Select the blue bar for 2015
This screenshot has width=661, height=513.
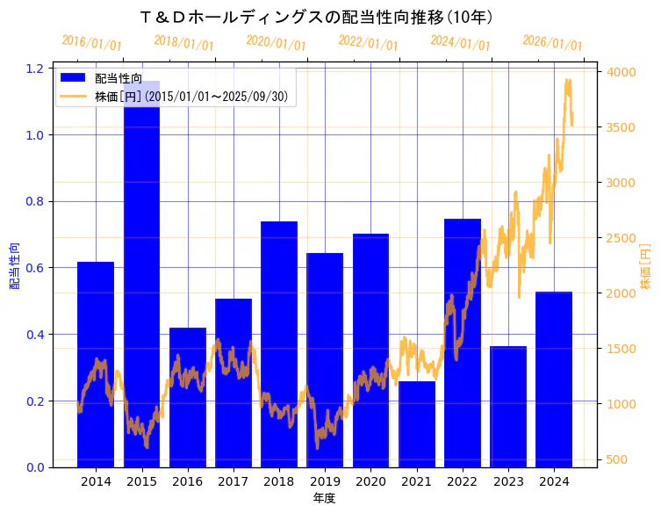(141, 281)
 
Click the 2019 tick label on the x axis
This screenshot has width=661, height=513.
(325, 481)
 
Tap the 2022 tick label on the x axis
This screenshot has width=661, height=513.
(462, 481)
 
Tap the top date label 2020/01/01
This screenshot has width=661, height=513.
(276, 42)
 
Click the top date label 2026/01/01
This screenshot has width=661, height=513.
(552, 42)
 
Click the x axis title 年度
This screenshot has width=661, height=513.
(324, 498)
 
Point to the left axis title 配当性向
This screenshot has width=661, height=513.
(15, 267)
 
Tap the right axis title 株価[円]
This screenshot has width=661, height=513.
(645, 267)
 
